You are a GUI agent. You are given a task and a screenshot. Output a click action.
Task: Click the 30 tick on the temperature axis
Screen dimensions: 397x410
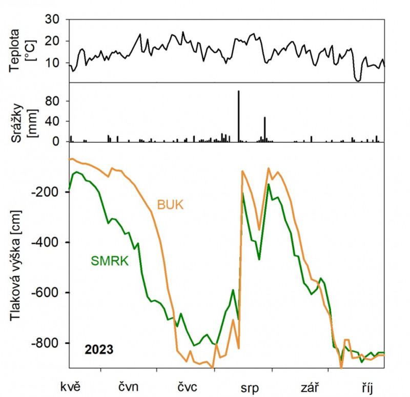pyautogui.click(x=53, y=19)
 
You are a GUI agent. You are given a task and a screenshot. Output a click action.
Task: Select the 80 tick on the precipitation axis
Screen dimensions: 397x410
pyautogui.click(x=53, y=101)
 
